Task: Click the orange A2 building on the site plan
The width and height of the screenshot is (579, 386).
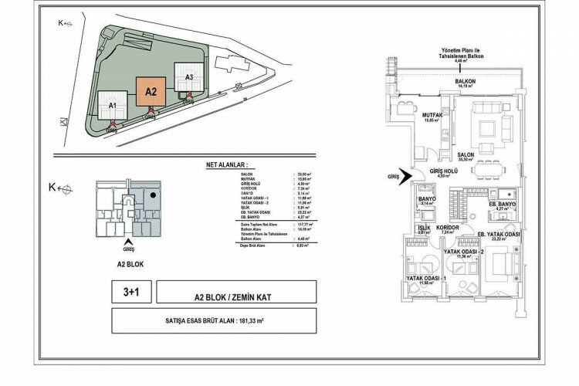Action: pyautogui.click(x=151, y=92)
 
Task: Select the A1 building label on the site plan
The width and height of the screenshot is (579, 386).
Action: pyautogui.click(x=112, y=105)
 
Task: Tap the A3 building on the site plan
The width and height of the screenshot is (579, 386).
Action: pyautogui.click(x=188, y=77)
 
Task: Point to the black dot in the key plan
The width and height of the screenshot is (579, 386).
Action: pyautogui.click(x=155, y=196)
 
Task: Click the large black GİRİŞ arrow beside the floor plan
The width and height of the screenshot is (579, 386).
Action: pyautogui.click(x=401, y=175)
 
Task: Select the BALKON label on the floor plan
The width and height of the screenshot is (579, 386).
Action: pyautogui.click(x=465, y=81)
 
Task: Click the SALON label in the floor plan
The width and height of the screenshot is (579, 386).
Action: pyautogui.click(x=466, y=154)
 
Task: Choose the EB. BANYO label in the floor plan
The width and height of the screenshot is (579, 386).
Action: pyautogui.click(x=500, y=203)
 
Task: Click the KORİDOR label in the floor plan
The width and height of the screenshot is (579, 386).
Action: pyautogui.click(x=449, y=229)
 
